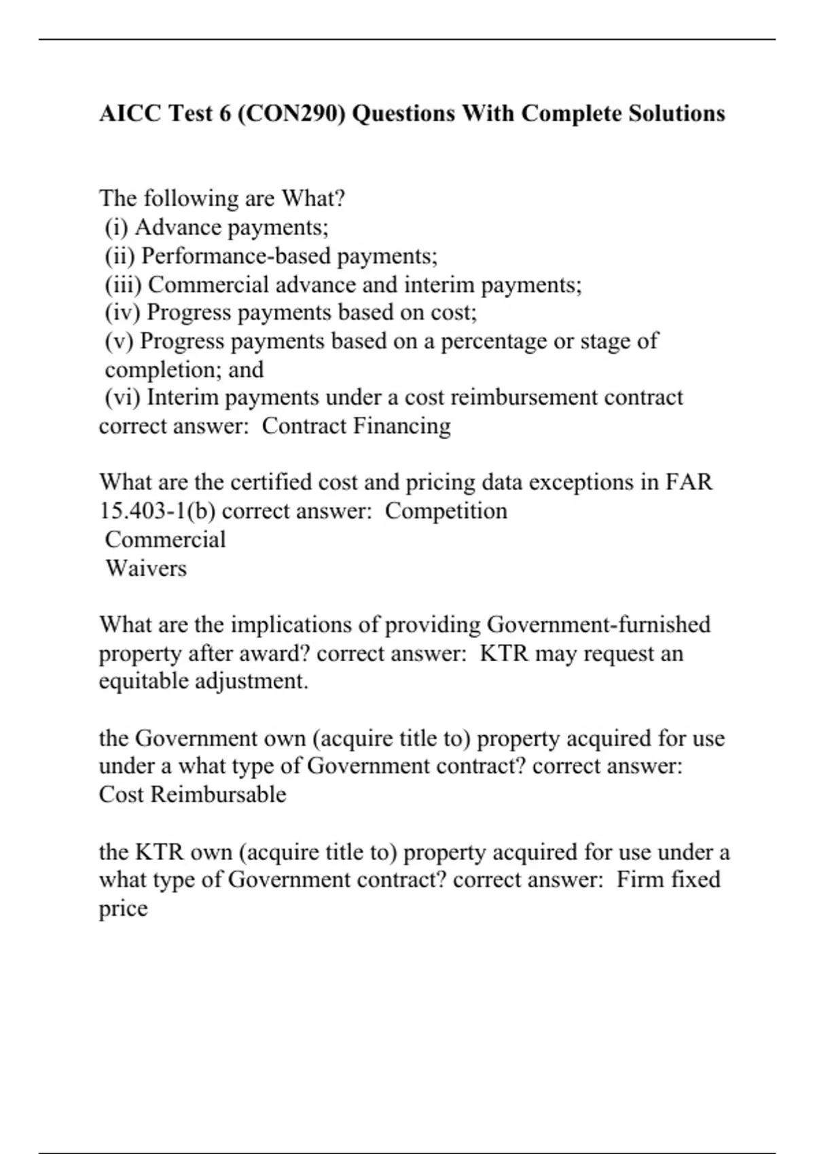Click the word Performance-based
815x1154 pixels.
236,256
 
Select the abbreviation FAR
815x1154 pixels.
689,482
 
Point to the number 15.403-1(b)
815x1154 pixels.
158,510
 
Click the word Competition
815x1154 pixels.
446,510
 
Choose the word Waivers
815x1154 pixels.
146,567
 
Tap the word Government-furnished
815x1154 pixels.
599,625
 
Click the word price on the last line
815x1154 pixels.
123,909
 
